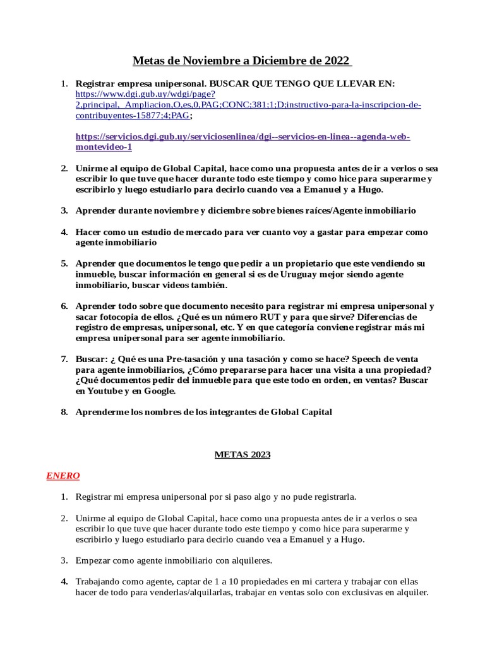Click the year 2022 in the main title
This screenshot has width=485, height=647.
pyautogui.click(x=337, y=61)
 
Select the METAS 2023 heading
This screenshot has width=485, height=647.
pyautogui.click(x=242, y=454)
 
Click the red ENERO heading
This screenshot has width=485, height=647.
pyautogui.click(x=63, y=476)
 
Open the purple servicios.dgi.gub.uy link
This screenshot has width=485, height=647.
pyautogui.click(x=242, y=136)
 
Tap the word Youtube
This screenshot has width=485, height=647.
pyautogui.click(x=106, y=390)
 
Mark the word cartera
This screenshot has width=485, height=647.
pyautogui.click(x=287, y=581)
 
